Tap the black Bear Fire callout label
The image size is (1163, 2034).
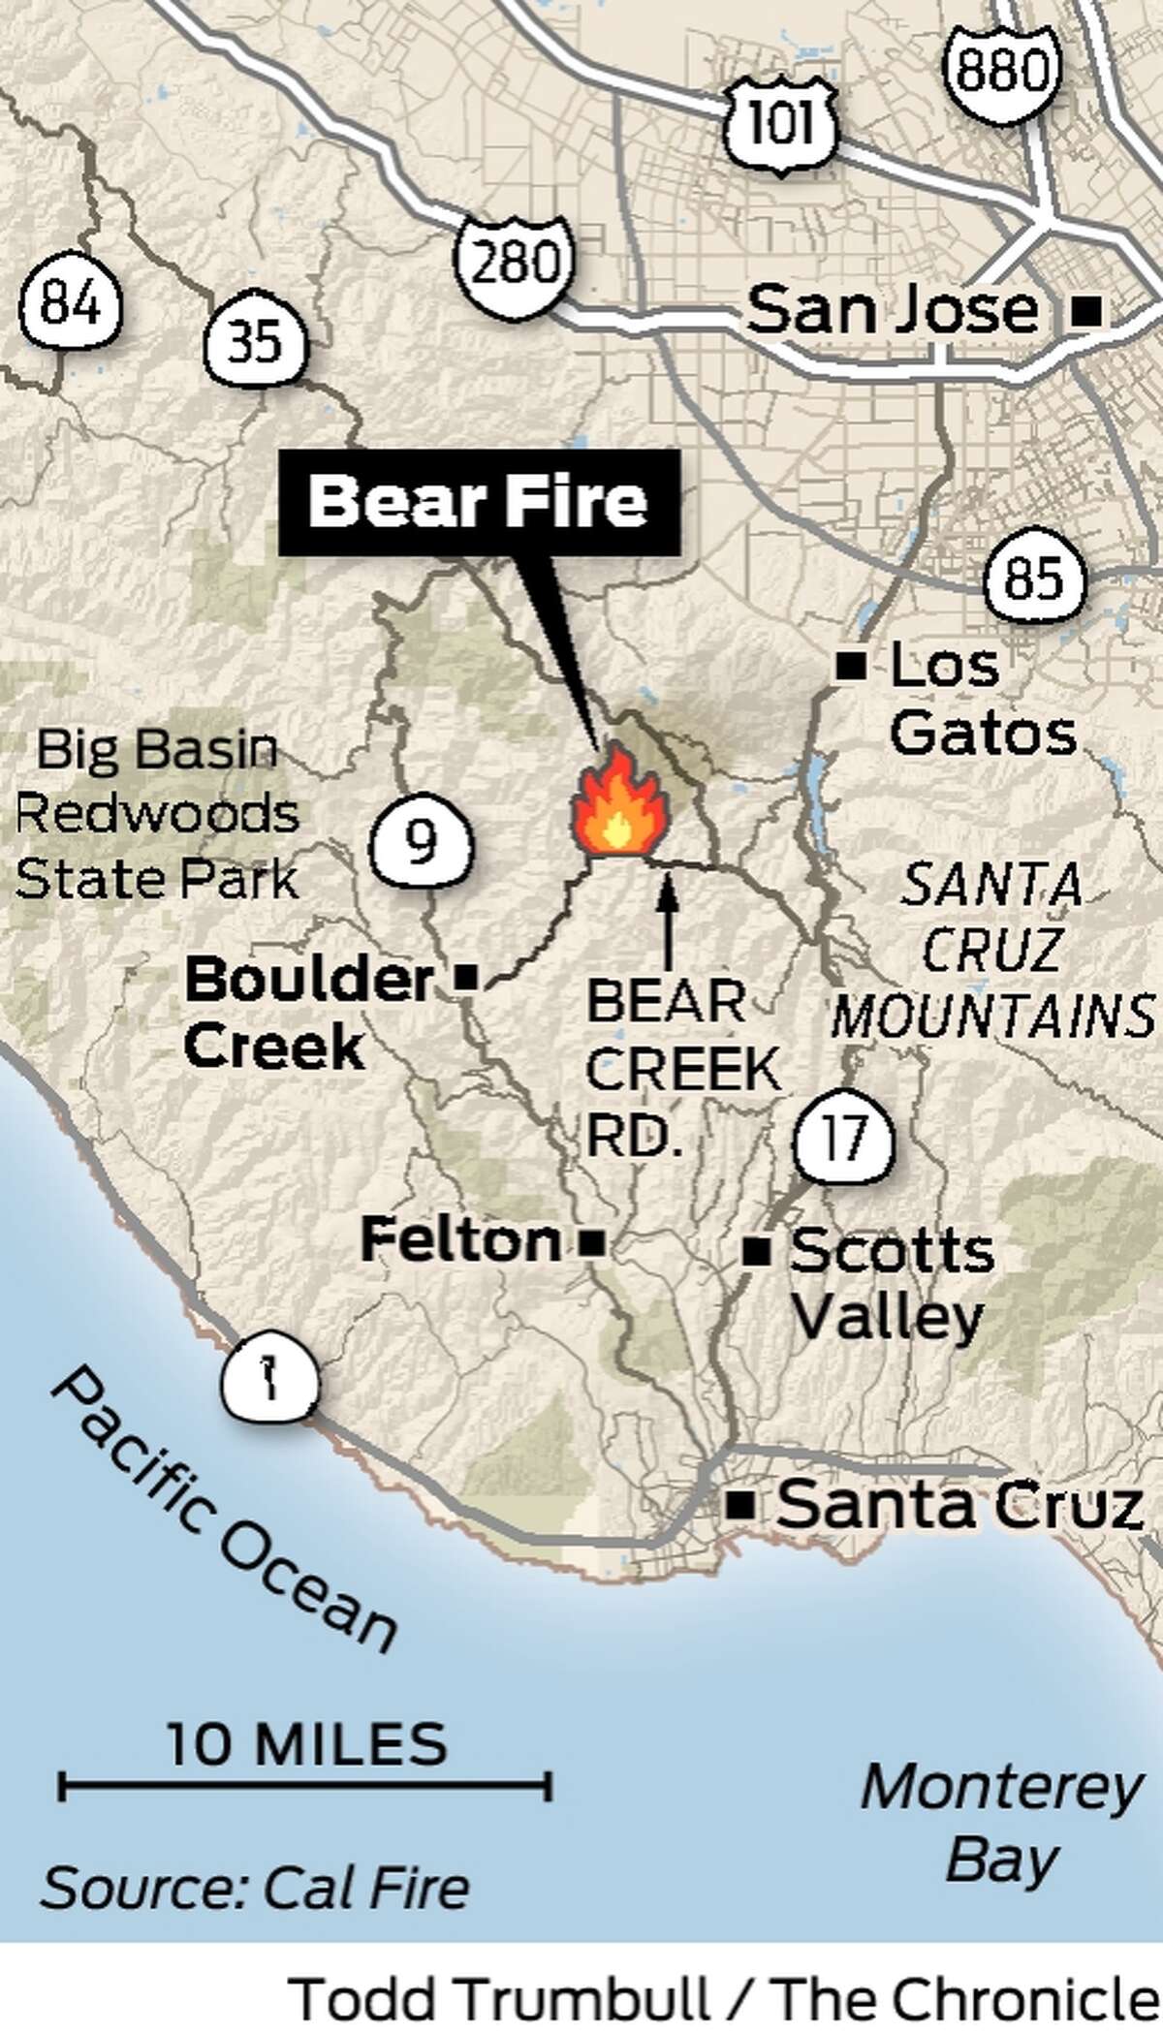479,503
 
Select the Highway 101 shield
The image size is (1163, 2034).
780,123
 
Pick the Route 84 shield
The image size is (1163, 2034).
71,306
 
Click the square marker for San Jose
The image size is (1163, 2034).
1088,312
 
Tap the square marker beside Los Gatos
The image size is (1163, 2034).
851,666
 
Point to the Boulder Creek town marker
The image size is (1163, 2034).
466,978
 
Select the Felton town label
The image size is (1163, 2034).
460,1239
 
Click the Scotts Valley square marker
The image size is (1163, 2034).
756,1253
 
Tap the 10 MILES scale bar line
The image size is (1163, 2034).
305,1785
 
